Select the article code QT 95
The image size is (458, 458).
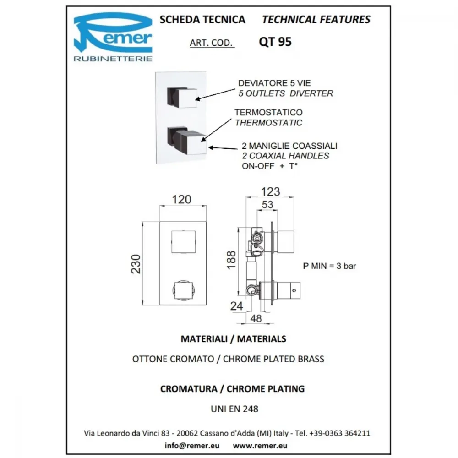tap(275, 42)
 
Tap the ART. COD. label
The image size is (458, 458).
tap(211, 43)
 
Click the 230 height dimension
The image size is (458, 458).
tap(136, 264)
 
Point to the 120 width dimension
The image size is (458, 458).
tap(181, 200)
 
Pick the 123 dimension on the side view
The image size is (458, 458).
tap(271, 192)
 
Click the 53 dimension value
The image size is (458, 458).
tap(267, 205)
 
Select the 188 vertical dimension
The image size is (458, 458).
tap(231, 260)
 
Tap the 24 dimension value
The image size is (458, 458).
tap(237, 306)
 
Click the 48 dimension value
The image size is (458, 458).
tap(256, 318)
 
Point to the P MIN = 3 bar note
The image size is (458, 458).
tap(329, 266)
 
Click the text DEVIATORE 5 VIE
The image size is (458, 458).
tap(274, 83)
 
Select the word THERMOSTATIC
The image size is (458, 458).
tap(268, 123)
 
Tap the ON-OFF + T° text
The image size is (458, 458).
tap(270, 166)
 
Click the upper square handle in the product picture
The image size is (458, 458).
tap(182, 98)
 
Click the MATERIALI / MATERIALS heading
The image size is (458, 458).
tap(234, 339)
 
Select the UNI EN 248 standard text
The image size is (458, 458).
tap(234, 409)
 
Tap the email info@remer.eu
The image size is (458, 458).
tap(192, 446)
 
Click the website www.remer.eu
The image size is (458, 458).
tap(260, 446)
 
